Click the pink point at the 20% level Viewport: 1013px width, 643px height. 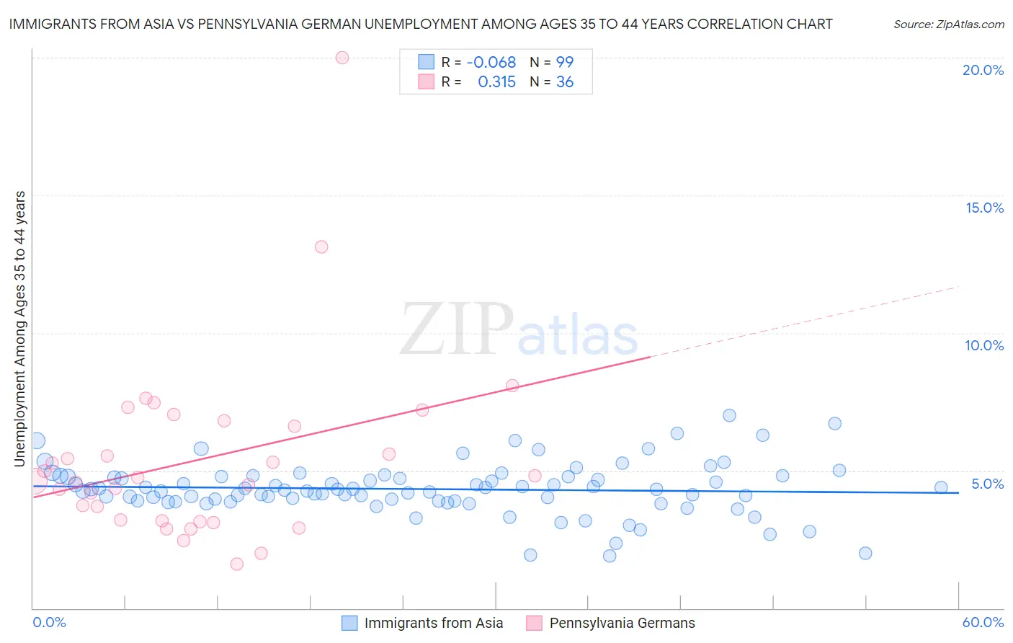pos(342,58)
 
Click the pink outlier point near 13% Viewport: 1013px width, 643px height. pos(321,247)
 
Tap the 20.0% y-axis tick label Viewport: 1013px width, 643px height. pos(983,70)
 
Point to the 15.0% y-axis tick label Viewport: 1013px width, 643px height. pos(984,208)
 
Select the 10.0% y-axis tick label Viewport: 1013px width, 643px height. pos(984,345)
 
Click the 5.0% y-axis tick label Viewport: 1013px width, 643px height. pos(987,484)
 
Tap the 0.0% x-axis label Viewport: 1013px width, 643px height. pos(49,622)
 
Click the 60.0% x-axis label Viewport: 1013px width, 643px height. pos(983,622)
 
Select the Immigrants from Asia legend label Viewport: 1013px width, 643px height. pos(433,623)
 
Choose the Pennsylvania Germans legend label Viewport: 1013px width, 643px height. pos(622,623)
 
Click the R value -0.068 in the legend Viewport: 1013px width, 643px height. pos(491,62)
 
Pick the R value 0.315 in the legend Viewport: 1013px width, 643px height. pos(496,82)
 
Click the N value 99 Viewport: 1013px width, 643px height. pos(565,62)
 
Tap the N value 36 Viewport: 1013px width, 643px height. pos(565,82)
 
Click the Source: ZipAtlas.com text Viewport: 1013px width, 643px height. pos(948,24)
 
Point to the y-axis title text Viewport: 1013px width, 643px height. pos(19,329)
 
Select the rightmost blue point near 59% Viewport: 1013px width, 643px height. pos(941,487)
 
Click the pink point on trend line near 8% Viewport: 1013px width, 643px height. pos(512,386)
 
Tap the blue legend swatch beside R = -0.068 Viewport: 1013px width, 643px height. pos(427,62)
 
